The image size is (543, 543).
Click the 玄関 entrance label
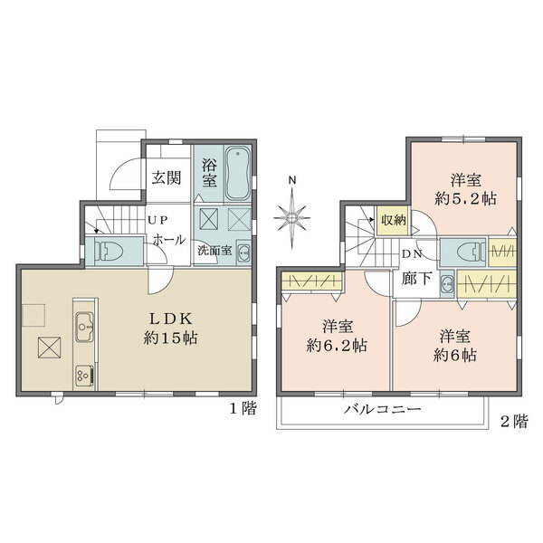pyautogui.click(x=165, y=177)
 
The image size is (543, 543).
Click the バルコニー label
pyautogui.click(x=380, y=411)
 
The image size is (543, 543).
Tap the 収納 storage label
pyautogui.click(x=393, y=220)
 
